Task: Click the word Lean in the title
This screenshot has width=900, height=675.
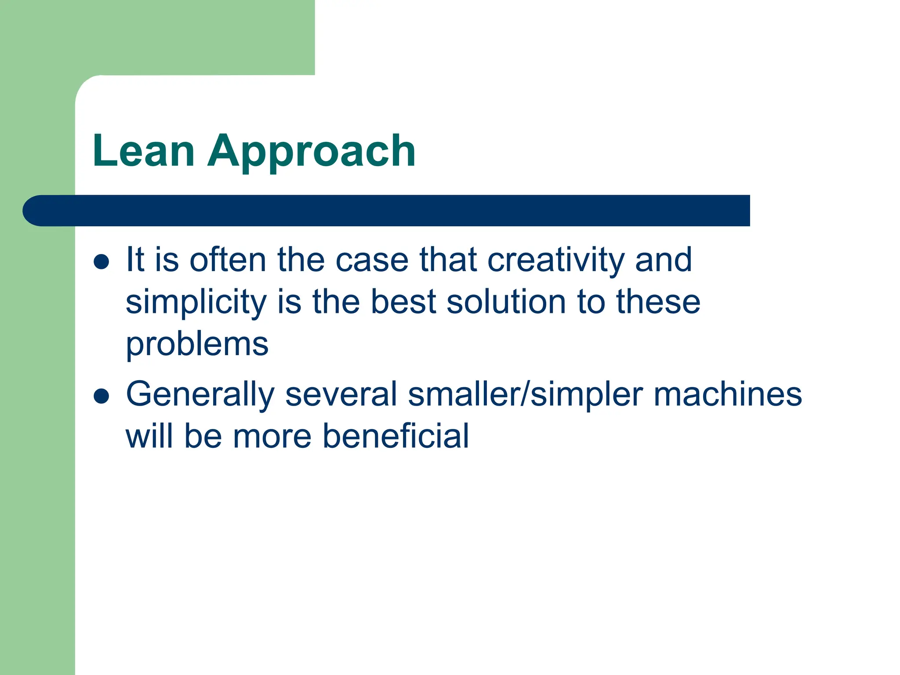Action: pyautogui.click(x=143, y=151)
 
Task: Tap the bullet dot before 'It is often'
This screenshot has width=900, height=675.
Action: pyautogui.click(x=102, y=261)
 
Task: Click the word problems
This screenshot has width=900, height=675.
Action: pyautogui.click(x=197, y=345)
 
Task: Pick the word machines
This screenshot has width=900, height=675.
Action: pyautogui.click(x=728, y=394)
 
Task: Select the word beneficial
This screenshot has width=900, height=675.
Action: pyautogui.click(x=396, y=436)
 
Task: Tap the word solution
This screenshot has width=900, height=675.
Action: pyautogui.click(x=506, y=302)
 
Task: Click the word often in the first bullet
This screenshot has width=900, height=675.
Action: pyautogui.click(x=228, y=260)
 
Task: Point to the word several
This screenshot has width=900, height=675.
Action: pyautogui.click(x=341, y=394)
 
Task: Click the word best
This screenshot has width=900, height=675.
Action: pyautogui.click(x=403, y=302)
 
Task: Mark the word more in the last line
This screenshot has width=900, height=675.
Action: pyautogui.click(x=272, y=436)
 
